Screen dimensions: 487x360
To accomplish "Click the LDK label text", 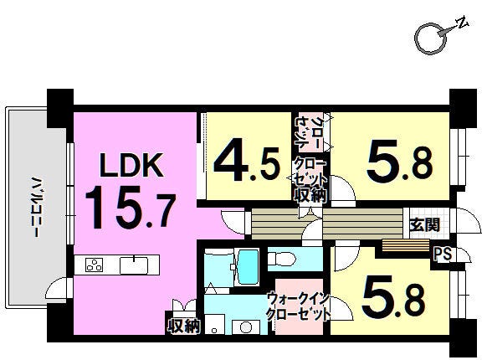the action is [131, 165].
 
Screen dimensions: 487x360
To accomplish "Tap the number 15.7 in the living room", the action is [131, 207].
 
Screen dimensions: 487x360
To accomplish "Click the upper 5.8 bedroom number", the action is [400, 162].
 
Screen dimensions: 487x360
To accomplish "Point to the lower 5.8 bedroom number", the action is [394, 296].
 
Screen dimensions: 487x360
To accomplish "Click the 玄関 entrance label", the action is [425, 224].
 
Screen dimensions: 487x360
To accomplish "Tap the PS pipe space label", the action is [443, 254].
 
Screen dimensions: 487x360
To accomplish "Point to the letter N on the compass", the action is [462, 22].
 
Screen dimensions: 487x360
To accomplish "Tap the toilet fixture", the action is [282, 259].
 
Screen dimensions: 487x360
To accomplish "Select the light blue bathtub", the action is [248, 267].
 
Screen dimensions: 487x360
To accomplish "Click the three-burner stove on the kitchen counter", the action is [94, 265].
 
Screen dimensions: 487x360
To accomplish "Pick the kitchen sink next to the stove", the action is [134, 265].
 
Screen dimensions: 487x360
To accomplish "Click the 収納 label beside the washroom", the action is [182, 326].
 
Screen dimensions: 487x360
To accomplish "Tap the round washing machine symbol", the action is [246, 327].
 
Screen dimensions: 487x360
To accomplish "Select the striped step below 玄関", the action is [406, 245].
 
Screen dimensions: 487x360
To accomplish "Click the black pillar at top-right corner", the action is [463, 108].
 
